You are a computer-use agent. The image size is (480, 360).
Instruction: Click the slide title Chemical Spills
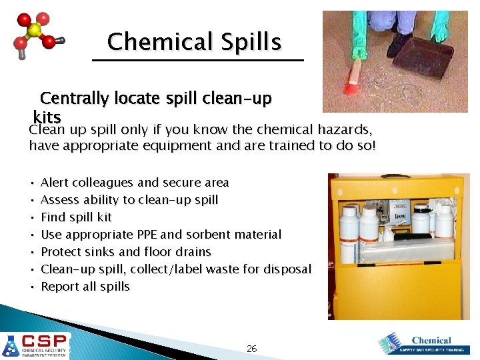point(194,42)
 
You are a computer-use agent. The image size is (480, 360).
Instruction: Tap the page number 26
point(251,348)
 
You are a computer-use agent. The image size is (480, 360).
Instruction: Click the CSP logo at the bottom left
point(35,345)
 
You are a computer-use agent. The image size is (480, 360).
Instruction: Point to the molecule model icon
point(37,37)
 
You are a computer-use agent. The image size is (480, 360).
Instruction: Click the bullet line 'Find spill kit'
point(76,217)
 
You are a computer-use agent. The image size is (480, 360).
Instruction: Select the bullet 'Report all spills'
point(85,287)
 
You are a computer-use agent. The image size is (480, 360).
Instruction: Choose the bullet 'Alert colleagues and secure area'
point(135,182)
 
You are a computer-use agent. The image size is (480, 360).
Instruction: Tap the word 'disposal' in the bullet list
point(287,269)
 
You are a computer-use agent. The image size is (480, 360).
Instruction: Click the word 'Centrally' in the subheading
point(73,99)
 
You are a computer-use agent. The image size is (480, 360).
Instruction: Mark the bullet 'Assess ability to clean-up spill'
point(129,199)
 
